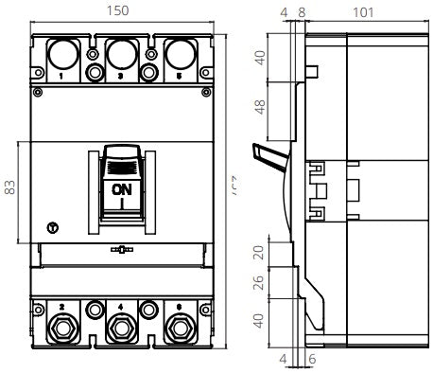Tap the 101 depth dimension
point(361,11)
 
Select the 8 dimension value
point(302,11)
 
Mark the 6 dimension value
point(311,359)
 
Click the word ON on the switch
point(122,188)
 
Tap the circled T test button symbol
point(51,227)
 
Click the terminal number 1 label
point(61,75)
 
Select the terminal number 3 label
point(121,75)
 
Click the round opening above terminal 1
point(62,52)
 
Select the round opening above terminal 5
point(182,52)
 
